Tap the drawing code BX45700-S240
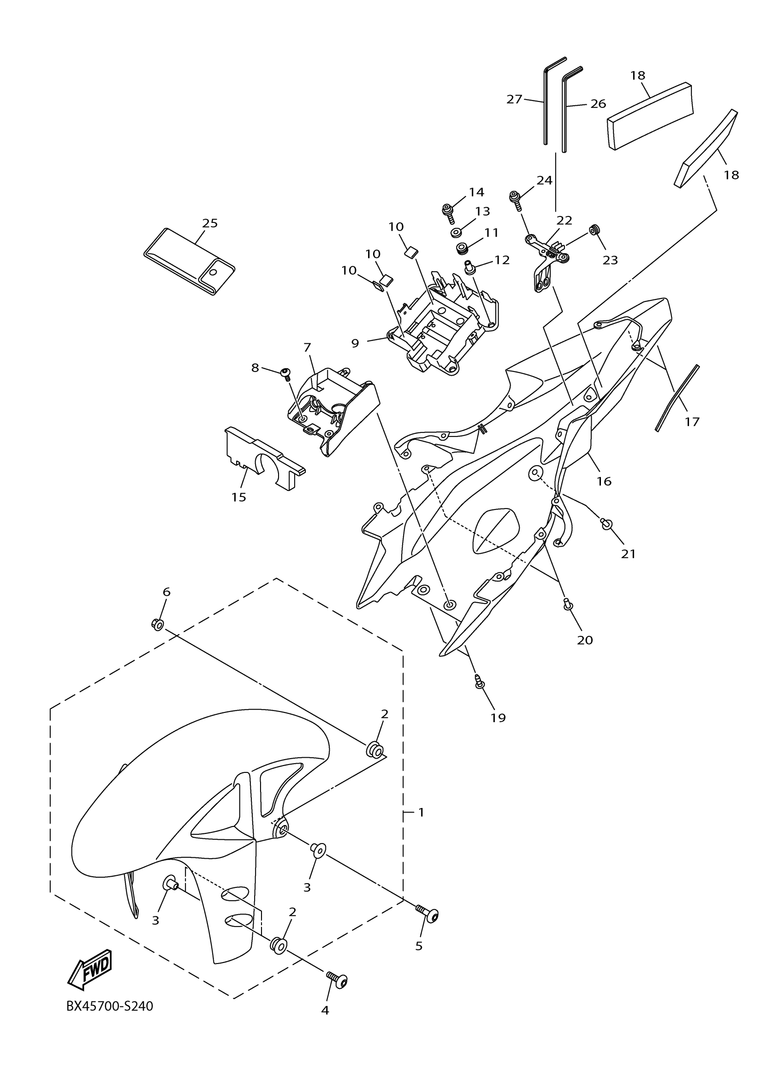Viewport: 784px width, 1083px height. point(109,1006)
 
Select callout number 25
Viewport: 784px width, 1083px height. point(210,223)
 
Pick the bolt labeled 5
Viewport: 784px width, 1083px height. point(428,914)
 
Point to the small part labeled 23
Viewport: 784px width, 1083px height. point(594,229)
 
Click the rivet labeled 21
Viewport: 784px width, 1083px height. point(606,524)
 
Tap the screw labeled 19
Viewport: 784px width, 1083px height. point(480,682)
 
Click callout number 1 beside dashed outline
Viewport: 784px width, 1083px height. point(421,812)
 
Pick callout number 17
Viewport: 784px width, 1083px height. point(692,422)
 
